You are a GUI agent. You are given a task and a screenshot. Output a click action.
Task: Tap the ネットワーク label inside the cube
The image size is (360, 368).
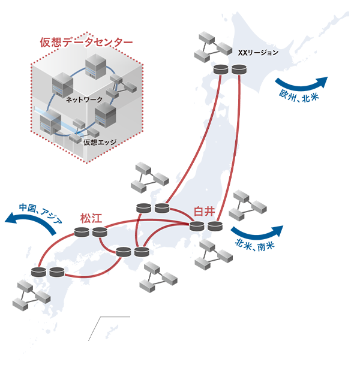tap(83, 99)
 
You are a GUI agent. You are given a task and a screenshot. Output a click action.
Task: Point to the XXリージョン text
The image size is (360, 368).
tap(258, 52)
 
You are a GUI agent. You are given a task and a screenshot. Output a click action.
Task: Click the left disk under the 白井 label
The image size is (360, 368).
tap(197, 226)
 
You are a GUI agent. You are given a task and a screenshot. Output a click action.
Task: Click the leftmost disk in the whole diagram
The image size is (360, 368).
tap(39, 272)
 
